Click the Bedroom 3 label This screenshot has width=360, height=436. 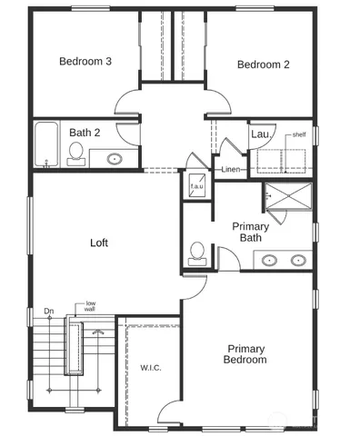tap(85, 62)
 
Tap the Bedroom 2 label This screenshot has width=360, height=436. tap(263, 64)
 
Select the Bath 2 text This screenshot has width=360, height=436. tap(85, 133)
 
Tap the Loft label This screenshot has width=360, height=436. tap(100, 243)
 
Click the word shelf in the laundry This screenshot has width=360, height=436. tap(299, 134)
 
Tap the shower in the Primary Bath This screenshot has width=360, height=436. tap(288, 199)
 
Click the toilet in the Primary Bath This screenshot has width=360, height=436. tap(196, 253)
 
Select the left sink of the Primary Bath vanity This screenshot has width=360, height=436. tap(270, 260)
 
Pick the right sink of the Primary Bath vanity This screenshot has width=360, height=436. tap(297, 260)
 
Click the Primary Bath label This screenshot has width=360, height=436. tap(250, 232)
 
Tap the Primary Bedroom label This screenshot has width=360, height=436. tap(246, 353)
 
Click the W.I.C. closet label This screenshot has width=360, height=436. tap(151, 368)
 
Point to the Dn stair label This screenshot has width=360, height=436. tap(48, 312)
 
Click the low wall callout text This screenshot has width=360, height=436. tap(91, 307)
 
